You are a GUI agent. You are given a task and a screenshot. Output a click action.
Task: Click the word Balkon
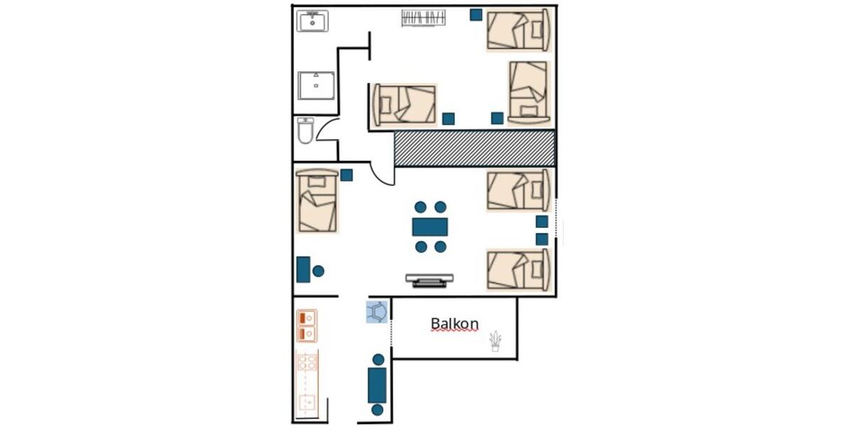[454, 324]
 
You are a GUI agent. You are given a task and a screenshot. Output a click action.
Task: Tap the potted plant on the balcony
[495, 342]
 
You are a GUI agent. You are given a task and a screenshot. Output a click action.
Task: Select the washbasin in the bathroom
[312, 21]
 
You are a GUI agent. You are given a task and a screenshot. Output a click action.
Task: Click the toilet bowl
[305, 131]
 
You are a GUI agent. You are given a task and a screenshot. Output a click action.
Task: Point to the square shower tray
[316, 85]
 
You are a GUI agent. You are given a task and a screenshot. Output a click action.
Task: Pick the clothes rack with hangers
[424, 18]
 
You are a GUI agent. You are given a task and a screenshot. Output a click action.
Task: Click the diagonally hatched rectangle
[474, 149]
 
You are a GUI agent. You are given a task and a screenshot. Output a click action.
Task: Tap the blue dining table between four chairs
[430, 226]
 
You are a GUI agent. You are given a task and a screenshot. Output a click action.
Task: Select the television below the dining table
[430, 280]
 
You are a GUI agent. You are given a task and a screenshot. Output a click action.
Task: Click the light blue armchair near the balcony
[377, 312]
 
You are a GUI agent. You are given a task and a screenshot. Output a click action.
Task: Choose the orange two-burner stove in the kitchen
[307, 326]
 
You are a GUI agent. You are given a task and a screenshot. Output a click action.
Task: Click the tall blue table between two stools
[377, 385]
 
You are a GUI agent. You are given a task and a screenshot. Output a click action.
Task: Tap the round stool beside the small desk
[318, 271]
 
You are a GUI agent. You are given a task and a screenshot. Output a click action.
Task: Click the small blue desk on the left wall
[303, 270]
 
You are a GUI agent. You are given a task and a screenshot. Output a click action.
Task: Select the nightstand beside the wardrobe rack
[476, 15]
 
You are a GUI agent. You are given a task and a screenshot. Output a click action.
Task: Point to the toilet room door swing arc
[327, 129]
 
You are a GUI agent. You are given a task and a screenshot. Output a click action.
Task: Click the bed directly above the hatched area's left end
[404, 104]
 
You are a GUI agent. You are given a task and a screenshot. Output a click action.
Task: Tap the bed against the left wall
[317, 201]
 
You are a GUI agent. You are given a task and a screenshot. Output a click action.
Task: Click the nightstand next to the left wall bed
[346, 175]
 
